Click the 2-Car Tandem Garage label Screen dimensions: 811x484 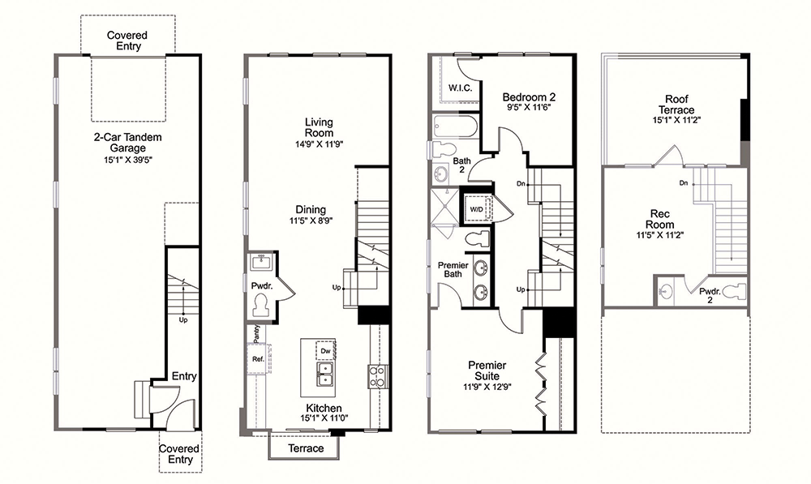pyautogui.click(x=128, y=143)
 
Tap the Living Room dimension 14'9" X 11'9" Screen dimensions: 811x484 pyautogui.click(x=319, y=144)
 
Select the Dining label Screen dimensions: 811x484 pyautogui.click(x=311, y=209)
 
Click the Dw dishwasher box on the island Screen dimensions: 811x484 pyautogui.click(x=325, y=350)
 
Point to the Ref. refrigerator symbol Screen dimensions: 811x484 pyautogui.click(x=258, y=359)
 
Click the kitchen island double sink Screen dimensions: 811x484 pyautogui.click(x=325, y=374)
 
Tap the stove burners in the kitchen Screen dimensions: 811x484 pyautogui.click(x=376, y=376)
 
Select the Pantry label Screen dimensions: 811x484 pyautogui.click(x=256, y=333)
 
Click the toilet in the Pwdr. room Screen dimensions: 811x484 pyautogui.click(x=262, y=305)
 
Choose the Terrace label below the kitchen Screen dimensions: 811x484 pyautogui.click(x=306, y=448)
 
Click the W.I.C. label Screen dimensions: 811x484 pyautogui.click(x=460, y=88)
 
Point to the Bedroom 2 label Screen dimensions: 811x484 pyautogui.click(x=529, y=96)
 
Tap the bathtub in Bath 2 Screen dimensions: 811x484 pyautogui.click(x=455, y=126)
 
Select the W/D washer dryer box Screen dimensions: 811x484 pyautogui.click(x=476, y=209)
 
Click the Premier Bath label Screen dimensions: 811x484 pyautogui.click(x=453, y=269)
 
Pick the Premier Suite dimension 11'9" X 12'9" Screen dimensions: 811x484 pyautogui.click(x=487, y=386)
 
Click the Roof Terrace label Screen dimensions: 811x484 pyautogui.click(x=676, y=105)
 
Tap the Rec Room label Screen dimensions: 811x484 pyautogui.click(x=659, y=219)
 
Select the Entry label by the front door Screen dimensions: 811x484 pyautogui.click(x=184, y=376)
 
